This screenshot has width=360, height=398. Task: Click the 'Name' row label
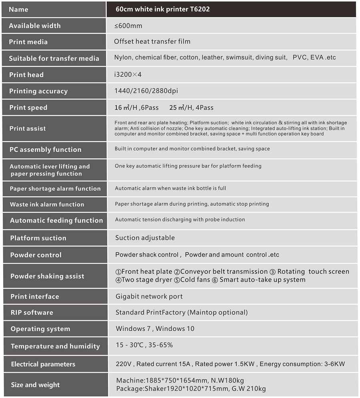tap(18, 10)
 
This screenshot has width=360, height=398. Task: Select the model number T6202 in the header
tap(200, 9)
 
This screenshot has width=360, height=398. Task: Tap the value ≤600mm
tap(128, 26)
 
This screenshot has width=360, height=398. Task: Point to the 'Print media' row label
tap(28, 42)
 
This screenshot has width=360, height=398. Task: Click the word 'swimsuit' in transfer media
tap(239, 58)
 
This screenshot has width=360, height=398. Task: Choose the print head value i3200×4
tap(128, 74)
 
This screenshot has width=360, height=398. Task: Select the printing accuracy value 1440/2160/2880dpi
tap(146, 91)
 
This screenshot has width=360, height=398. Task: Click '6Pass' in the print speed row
tap(149, 107)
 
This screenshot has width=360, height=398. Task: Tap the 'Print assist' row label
tap(28, 128)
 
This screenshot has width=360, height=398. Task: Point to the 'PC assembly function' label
tap(45, 149)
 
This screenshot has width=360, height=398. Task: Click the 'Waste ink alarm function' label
tap(47, 204)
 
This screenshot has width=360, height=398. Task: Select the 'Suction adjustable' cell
tap(145, 238)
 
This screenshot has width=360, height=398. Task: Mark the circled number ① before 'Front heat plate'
tap(118, 272)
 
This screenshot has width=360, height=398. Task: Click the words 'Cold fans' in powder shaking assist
tap(196, 280)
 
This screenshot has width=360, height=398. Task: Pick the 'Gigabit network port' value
tap(149, 297)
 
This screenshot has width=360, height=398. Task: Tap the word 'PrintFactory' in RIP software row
tap(166, 312)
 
